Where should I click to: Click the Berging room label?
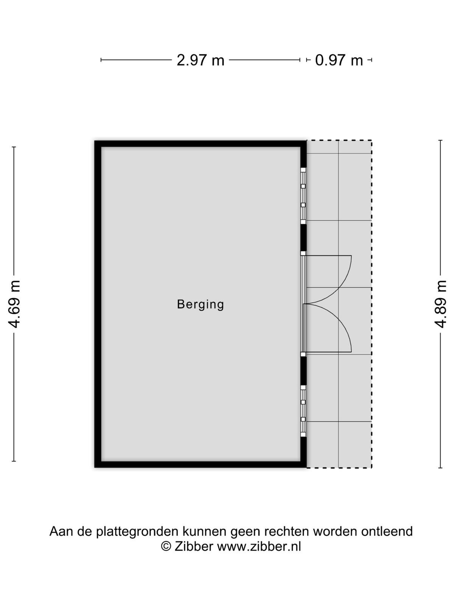pos(200,304)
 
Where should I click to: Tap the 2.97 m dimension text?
pos(201,60)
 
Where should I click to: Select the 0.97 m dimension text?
pos(339,60)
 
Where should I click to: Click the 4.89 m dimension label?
pos(440,304)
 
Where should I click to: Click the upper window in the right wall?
pos(303,196)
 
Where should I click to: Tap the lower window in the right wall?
pos(303,411)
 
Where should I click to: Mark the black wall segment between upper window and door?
pos(303,237)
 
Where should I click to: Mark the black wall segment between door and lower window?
pos(303,371)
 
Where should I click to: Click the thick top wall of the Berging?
pos(201,144)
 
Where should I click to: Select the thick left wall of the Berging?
pos(98,304)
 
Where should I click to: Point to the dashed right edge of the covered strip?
pos(372,304)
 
